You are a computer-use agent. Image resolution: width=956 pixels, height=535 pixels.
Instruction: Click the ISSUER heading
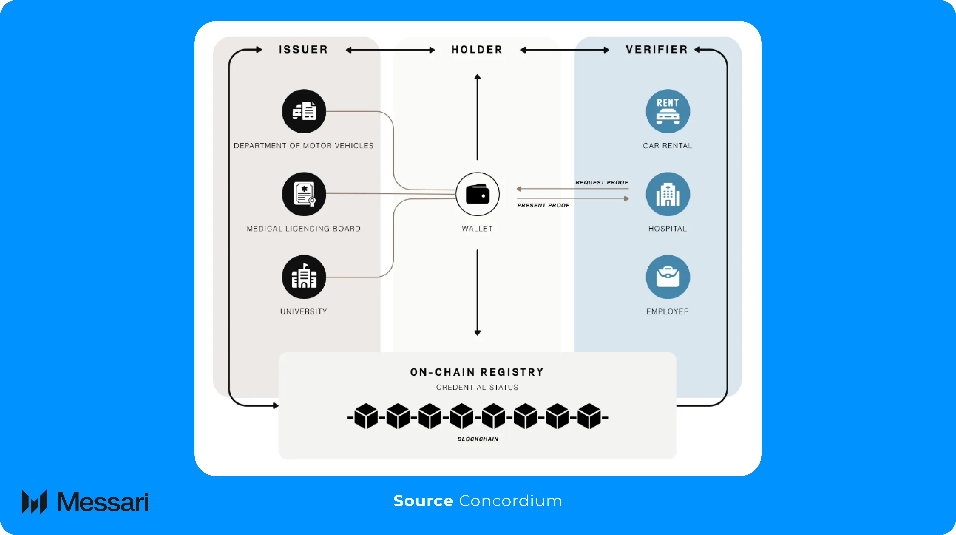pos(303,49)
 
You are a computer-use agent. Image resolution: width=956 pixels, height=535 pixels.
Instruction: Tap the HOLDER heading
pos(477,49)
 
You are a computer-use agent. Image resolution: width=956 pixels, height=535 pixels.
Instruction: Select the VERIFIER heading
pos(657,49)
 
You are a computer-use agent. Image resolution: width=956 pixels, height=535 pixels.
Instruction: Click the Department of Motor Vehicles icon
pos(304,111)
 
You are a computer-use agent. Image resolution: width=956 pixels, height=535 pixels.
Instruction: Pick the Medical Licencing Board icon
pos(304,194)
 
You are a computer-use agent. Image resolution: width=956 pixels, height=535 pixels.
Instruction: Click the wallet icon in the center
pos(477,194)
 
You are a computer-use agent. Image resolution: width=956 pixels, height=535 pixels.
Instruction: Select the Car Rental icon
pos(668,111)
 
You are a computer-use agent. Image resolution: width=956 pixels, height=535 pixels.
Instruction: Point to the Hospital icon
pos(668,194)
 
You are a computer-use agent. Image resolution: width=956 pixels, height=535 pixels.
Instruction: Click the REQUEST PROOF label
pos(602,183)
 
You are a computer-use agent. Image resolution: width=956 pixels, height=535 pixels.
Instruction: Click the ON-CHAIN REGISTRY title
pos(477,372)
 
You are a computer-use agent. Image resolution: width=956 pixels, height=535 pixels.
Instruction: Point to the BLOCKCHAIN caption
pos(478,439)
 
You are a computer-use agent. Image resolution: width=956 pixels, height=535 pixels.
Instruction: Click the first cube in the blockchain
pos(366,416)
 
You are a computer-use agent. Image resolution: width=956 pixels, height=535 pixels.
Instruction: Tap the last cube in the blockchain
pos(589,416)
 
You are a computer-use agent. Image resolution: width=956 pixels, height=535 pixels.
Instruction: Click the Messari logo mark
pos(34,502)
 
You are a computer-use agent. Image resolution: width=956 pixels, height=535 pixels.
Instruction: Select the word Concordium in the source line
pos(511,501)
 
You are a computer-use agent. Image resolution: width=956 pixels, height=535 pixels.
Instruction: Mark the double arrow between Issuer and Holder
pos(390,50)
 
